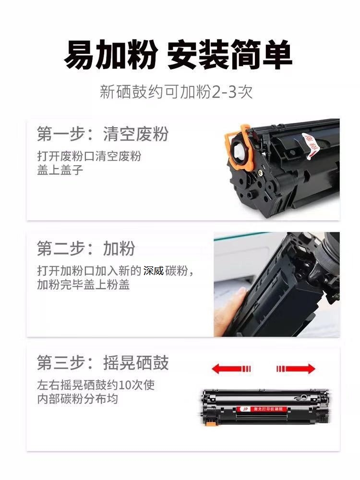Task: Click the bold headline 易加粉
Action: (x=110, y=55)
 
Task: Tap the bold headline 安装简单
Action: (x=229, y=55)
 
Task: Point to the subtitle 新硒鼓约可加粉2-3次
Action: (x=176, y=92)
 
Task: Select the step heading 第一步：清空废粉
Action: (x=103, y=134)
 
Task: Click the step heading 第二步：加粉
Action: (x=86, y=248)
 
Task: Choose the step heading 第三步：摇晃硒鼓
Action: (x=103, y=362)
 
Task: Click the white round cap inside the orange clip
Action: (x=239, y=150)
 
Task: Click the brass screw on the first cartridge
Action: (x=261, y=173)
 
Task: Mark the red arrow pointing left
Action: (x=231, y=369)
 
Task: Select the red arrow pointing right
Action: (x=296, y=369)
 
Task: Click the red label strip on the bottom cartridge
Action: (x=264, y=409)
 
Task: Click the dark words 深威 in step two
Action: (x=154, y=271)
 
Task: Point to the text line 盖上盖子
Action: (x=60, y=170)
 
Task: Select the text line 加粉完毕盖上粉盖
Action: (x=83, y=284)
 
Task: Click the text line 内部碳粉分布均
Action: (x=77, y=399)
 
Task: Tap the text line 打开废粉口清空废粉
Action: (x=89, y=156)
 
